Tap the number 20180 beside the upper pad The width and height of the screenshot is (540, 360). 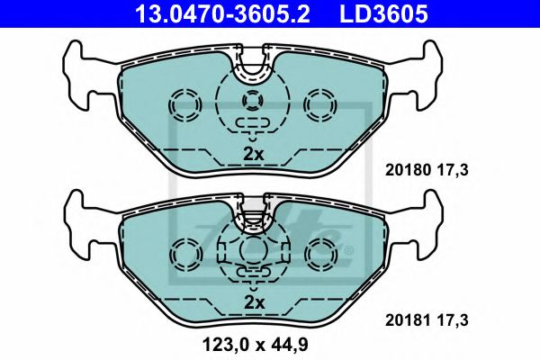pyautogui.click(x=405, y=168)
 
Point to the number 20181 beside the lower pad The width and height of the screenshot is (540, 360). pyautogui.click(x=405, y=319)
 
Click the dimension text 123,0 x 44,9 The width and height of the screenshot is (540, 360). pyautogui.click(x=256, y=343)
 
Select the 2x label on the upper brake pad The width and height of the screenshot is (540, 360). pyautogui.click(x=254, y=154)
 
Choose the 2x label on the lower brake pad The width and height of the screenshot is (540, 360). pyautogui.click(x=254, y=301)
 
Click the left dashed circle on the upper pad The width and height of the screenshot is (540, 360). pyautogui.click(x=187, y=105)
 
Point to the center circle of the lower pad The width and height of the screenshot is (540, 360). pyautogui.click(x=254, y=247)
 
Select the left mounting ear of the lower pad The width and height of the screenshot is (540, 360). pyautogui.click(x=83, y=221)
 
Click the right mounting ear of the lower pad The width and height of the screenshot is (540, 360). pyautogui.click(x=426, y=221)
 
